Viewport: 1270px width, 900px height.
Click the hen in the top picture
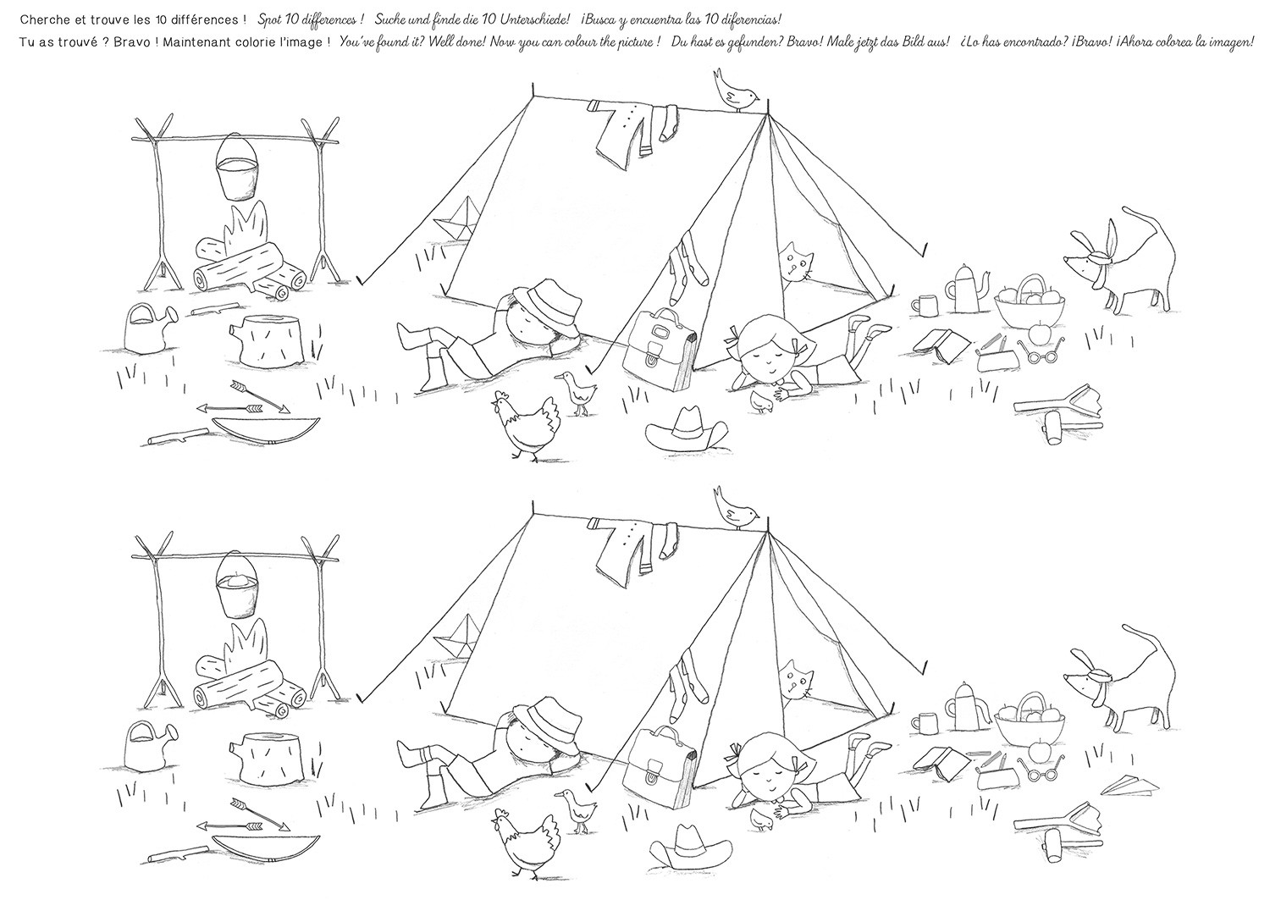pyautogui.click(x=526, y=423)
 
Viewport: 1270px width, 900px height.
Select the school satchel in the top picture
pyautogui.click(x=660, y=350)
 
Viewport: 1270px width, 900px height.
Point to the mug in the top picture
pyautogui.click(x=923, y=305)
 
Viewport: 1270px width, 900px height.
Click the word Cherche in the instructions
pyautogui.click(x=41, y=19)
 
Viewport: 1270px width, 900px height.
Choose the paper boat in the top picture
pyautogui.click(x=456, y=218)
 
